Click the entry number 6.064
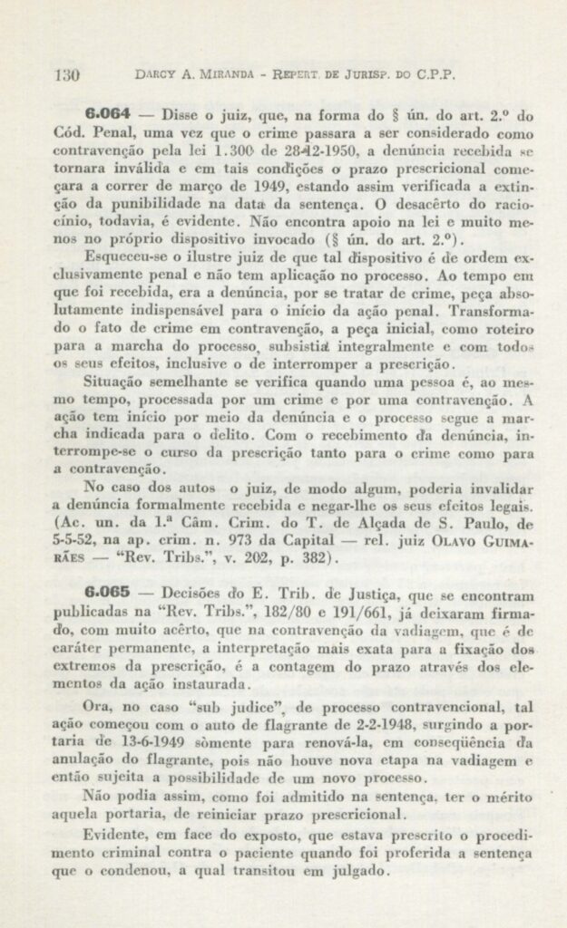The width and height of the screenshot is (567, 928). (108, 116)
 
